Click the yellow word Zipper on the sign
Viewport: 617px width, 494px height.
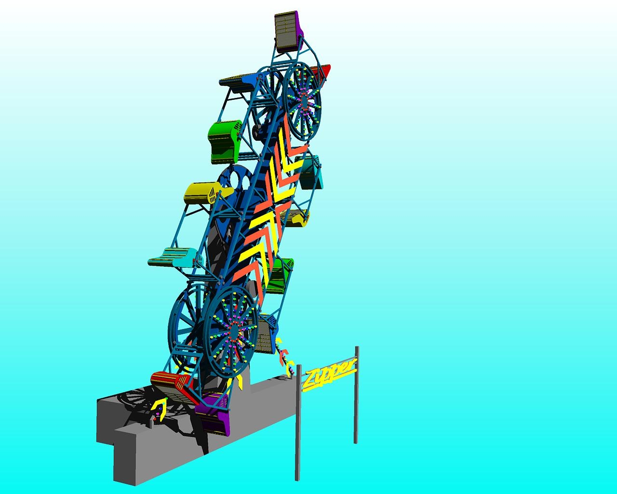[x=329, y=373]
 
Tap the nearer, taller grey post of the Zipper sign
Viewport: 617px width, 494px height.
[x=298, y=425]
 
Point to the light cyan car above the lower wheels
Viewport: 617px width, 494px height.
[x=174, y=257]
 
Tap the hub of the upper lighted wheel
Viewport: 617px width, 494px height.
[x=303, y=101]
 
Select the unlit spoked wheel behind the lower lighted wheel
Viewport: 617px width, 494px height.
[x=186, y=316]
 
